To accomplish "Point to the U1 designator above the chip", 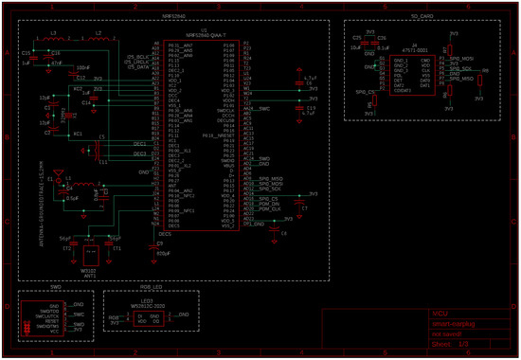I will (x=202, y=30).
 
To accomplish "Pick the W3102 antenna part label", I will (x=90, y=269).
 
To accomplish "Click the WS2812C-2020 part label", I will (x=149, y=307).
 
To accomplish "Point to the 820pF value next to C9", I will (x=163, y=254).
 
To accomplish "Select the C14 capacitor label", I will (x=86, y=101).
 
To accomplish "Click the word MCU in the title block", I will (x=440, y=313).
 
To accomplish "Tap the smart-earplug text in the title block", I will (x=450, y=323).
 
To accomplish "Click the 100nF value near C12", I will (x=82, y=68).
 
